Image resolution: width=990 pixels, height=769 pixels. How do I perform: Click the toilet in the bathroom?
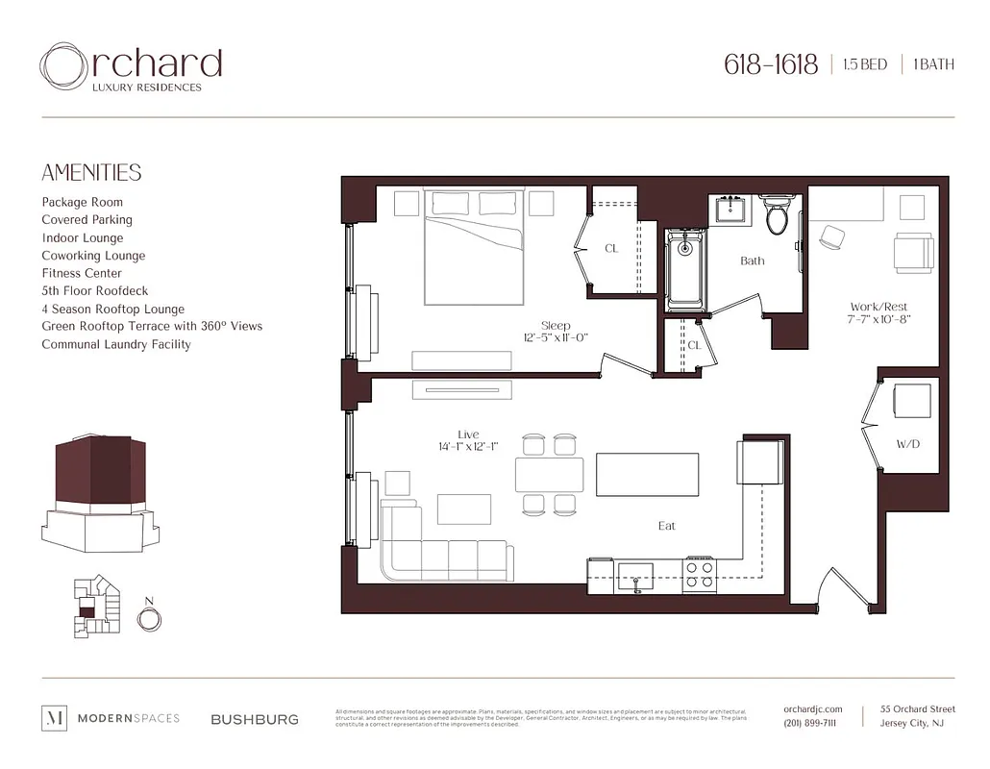tap(777, 217)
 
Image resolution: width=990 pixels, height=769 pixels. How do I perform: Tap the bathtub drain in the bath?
tap(684, 248)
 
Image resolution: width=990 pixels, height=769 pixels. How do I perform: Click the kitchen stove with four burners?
tap(699, 575)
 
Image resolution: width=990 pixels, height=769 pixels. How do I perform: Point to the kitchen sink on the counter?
tap(634, 578)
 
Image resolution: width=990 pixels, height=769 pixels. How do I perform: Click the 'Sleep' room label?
tap(556, 326)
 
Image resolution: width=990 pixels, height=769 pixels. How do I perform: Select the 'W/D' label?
tap(908, 445)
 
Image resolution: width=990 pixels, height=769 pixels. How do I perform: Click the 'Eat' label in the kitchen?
tap(667, 526)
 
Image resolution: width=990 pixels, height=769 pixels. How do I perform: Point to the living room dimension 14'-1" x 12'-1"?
tap(468, 447)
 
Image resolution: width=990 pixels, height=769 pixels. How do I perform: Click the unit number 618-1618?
tap(771, 64)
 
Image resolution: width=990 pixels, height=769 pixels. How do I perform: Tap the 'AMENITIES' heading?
tap(91, 173)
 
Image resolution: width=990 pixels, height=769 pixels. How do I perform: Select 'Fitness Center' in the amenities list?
tap(82, 273)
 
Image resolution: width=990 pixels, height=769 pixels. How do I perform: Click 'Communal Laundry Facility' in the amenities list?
tap(116, 344)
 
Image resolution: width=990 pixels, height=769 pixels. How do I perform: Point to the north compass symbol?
tap(148, 619)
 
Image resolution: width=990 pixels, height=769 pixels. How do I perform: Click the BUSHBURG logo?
tap(255, 719)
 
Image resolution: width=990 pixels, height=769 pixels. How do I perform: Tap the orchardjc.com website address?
tap(812, 709)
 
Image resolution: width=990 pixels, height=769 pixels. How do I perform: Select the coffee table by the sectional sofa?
tap(464, 509)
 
